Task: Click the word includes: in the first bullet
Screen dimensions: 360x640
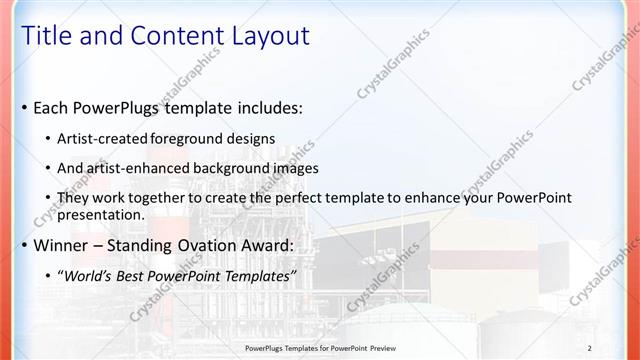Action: click(268, 107)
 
